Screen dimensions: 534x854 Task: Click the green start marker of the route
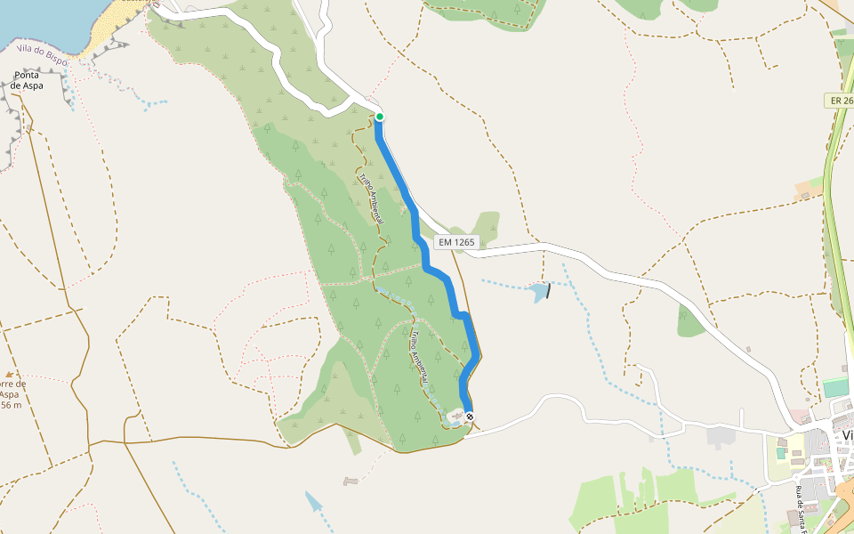[x=379, y=117]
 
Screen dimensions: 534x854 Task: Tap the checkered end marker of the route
[x=470, y=417]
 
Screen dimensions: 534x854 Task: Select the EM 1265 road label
[x=457, y=241]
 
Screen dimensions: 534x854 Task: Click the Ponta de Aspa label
[x=28, y=80]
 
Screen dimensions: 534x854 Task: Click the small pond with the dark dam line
[x=540, y=291]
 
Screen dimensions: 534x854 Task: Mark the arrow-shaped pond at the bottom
[x=315, y=502]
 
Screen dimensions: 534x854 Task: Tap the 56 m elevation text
[x=12, y=406]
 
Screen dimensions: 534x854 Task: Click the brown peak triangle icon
[x=10, y=376]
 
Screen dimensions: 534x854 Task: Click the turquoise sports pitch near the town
[x=834, y=388]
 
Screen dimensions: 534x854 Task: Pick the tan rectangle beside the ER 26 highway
[x=810, y=187]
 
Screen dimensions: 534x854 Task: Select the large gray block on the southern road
[x=720, y=436]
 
